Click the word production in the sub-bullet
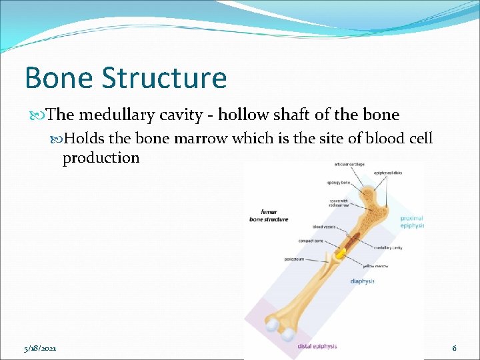click(101, 158)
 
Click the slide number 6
click(454, 348)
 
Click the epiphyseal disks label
click(388, 173)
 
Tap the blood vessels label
click(323, 226)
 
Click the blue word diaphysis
click(362, 281)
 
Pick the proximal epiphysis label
click(411, 221)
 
